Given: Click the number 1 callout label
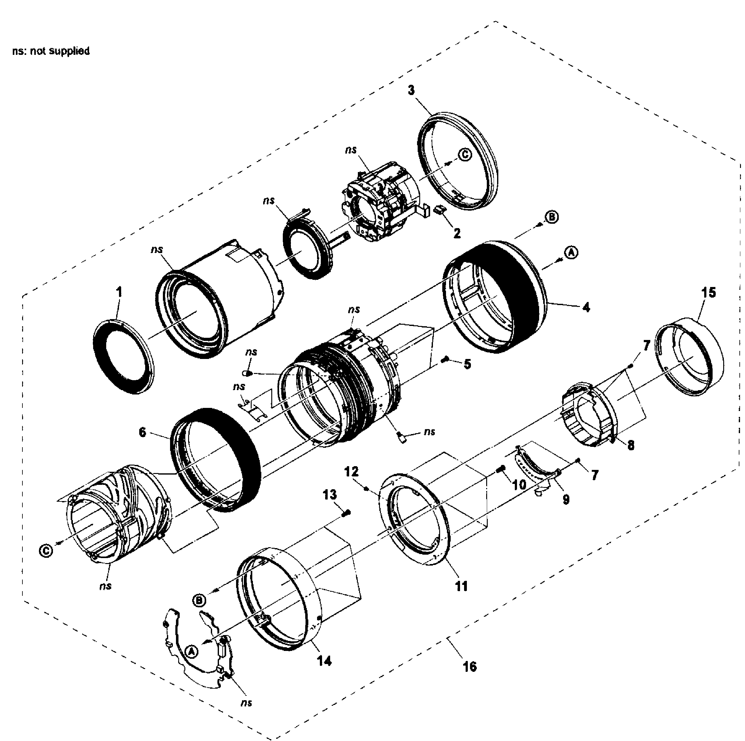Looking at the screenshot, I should pos(119,292).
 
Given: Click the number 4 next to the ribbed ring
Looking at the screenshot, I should pos(586,308).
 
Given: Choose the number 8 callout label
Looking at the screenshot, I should pos(630,446).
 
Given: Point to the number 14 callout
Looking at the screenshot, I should pos(324,662).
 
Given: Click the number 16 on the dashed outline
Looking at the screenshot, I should pos(469,666).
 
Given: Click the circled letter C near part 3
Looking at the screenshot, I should pos(465,155).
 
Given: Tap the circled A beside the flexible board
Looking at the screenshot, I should pos(192,652).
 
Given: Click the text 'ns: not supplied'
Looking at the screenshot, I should pos(51,51).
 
